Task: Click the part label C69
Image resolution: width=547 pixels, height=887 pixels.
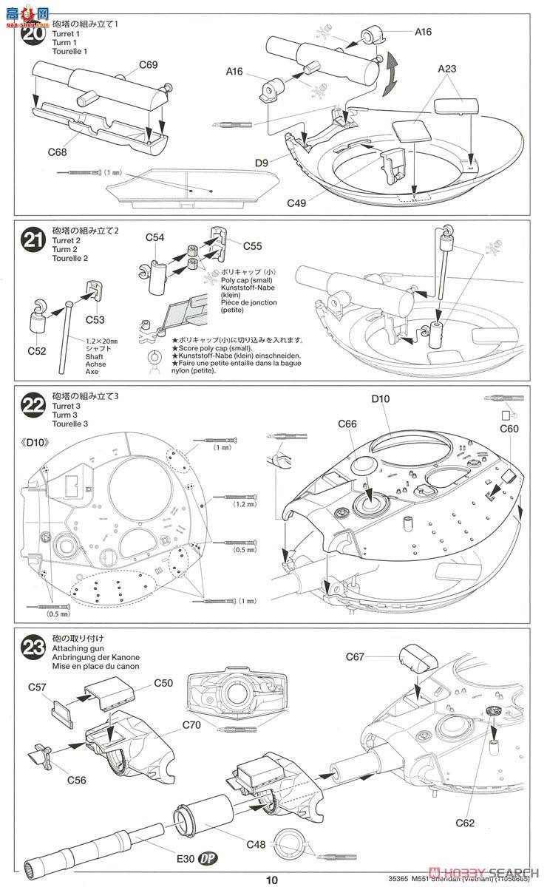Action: coord(148,65)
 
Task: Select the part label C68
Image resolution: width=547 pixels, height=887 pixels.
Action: coord(58,152)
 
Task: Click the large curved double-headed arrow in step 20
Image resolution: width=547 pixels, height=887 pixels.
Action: coord(390,78)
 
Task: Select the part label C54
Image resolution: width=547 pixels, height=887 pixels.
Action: coord(154,237)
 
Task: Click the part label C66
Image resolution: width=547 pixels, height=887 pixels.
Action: coord(347,424)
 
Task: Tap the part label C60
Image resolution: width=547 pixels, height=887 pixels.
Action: coord(509,429)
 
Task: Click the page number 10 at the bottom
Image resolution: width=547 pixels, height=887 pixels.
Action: coord(273,880)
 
